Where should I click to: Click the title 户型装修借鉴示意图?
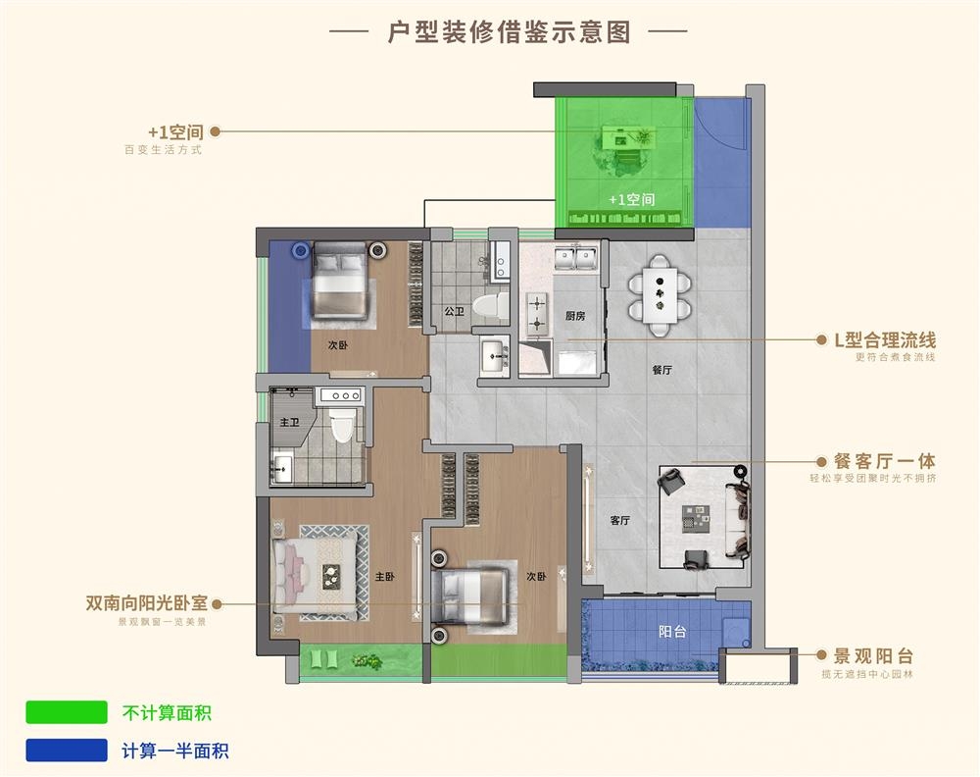(509, 31)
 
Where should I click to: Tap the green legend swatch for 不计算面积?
(67, 712)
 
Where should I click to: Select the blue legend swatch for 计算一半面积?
(67, 751)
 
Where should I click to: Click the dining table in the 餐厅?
(660, 294)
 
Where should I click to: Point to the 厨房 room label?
(575, 316)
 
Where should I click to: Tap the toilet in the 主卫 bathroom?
(341, 425)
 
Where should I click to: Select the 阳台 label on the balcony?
(672, 631)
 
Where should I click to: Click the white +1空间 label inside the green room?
(632, 199)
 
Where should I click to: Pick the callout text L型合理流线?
(885, 340)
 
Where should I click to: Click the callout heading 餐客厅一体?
(884, 461)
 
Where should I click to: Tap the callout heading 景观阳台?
(873, 655)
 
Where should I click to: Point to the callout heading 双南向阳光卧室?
(146, 603)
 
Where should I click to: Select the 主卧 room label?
(384, 576)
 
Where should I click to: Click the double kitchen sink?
(575, 257)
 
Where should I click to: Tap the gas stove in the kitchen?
(537, 313)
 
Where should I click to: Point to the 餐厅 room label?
(661, 370)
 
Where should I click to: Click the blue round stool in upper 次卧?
(301, 251)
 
